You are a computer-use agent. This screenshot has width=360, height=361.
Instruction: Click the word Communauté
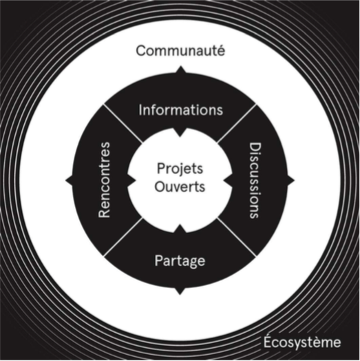(180, 51)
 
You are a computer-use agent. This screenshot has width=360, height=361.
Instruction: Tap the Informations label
(181, 110)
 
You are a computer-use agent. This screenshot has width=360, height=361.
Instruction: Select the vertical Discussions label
(255, 180)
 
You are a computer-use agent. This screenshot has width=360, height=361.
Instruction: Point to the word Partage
(180, 261)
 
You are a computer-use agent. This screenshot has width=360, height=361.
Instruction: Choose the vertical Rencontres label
(104, 180)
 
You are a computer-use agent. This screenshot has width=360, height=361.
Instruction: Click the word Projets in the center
(180, 169)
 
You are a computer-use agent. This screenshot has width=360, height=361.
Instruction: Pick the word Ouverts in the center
(180, 187)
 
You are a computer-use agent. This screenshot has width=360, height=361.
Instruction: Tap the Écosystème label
(302, 342)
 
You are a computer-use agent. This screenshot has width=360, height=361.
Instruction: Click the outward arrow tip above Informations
(180, 66)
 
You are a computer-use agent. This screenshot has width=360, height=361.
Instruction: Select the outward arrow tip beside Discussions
(294, 180)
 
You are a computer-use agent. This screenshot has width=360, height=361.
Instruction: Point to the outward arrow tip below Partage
(180, 294)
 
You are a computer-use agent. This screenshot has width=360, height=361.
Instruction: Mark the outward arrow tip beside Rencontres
(66, 180)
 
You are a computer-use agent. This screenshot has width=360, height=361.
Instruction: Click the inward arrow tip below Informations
(180, 136)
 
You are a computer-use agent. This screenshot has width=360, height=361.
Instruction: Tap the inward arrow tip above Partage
(180, 224)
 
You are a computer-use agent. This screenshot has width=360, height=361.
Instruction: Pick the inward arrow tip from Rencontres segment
(136, 180)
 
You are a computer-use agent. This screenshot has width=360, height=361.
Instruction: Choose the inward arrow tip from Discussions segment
(224, 180)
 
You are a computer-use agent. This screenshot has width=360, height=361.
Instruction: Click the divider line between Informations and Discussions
(237, 123)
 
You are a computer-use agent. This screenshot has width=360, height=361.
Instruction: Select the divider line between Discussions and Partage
(237, 237)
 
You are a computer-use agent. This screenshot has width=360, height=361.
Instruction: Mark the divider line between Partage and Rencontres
(123, 237)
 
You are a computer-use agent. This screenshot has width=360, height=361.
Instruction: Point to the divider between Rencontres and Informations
(123, 123)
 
